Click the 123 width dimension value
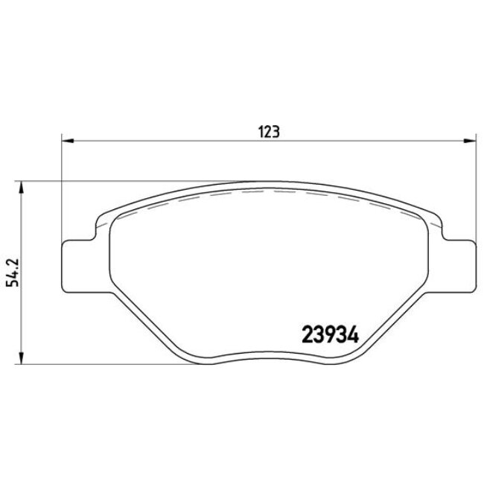click(268, 131)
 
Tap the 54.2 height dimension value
click(11, 272)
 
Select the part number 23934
click(331, 334)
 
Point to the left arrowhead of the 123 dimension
click(66, 139)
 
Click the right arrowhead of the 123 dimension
click(471, 139)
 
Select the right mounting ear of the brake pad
click(460, 263)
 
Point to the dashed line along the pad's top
click(268, 191)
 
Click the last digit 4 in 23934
click(354, 334)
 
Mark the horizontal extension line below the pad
click(112, 365)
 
